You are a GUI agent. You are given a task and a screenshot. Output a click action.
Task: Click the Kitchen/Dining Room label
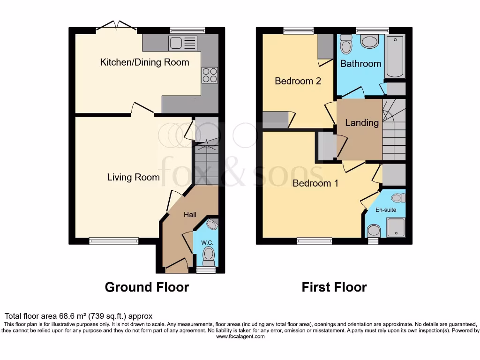[144, 62]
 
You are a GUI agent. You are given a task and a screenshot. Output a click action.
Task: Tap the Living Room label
[133, 177]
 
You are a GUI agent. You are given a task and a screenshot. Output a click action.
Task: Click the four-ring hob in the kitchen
[210, 75]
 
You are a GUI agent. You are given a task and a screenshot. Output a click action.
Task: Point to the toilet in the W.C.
[209, 255]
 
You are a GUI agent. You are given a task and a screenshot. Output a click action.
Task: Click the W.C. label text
[207, 242]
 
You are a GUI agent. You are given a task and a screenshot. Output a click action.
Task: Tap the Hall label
[190, 215]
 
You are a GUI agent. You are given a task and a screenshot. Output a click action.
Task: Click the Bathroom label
[360, 63]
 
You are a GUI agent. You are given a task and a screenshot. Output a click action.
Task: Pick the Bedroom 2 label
[298, 81]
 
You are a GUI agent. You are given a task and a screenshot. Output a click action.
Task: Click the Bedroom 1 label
[315, 183]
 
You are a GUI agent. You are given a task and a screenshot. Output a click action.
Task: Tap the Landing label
[361, 123]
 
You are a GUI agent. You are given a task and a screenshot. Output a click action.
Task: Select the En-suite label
[386, 210]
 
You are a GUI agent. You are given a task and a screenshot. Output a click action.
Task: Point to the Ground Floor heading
[147, 287]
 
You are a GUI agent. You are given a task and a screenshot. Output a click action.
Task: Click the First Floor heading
[334, 287]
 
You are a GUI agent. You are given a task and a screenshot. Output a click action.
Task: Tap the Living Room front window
[114, 241]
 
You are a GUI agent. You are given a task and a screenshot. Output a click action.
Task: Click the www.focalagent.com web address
[240, 336]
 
